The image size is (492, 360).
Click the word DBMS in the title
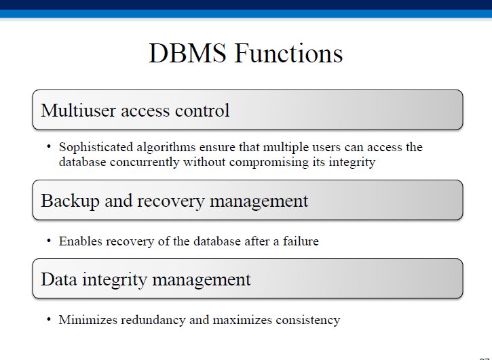coord(187,53)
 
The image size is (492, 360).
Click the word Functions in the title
coord(288,53)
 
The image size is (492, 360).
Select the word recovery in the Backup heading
coord(171,201)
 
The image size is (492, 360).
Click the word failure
coord(301,241)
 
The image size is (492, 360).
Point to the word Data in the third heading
coord(59,279)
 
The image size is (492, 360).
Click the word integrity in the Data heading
coord(115,280)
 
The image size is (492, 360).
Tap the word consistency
coord(308,321)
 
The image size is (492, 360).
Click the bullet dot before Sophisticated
coord(49,146)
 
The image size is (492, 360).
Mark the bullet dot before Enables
coord(49,241)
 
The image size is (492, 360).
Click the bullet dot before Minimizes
coord(49,319)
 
